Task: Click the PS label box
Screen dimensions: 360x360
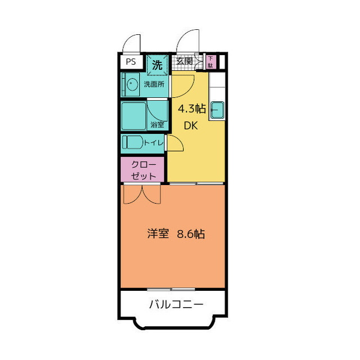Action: pyautogui.click(x=131, y=62)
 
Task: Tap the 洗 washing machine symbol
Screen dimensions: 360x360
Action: pyautogui.click(x=157, y=65)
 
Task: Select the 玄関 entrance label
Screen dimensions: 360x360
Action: pyautogui.click(x=184, y=61)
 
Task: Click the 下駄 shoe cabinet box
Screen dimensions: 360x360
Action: pyautogui.click(x=210, y=62)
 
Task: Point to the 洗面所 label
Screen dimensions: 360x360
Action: pyautogui.click(x=154, y=84)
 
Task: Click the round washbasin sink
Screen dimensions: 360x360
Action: pyautogui.click(x=133, y=85)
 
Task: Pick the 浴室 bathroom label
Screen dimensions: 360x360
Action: pyautogui.click(x=157, y=124)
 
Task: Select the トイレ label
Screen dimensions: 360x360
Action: pyautogui.click(x=154, y=143)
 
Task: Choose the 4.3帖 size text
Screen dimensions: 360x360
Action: pyautogui.click(x=192, y=108)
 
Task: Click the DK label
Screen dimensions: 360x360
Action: pyautogui.click(x=190, y=126)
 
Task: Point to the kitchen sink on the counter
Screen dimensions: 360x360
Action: pyautogui.click(x=217, y=111)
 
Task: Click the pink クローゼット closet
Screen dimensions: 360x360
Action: pyautogui.click(x=143, y=169)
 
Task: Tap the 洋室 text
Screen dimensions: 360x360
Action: pyautogui.click(x=158, y=234)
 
